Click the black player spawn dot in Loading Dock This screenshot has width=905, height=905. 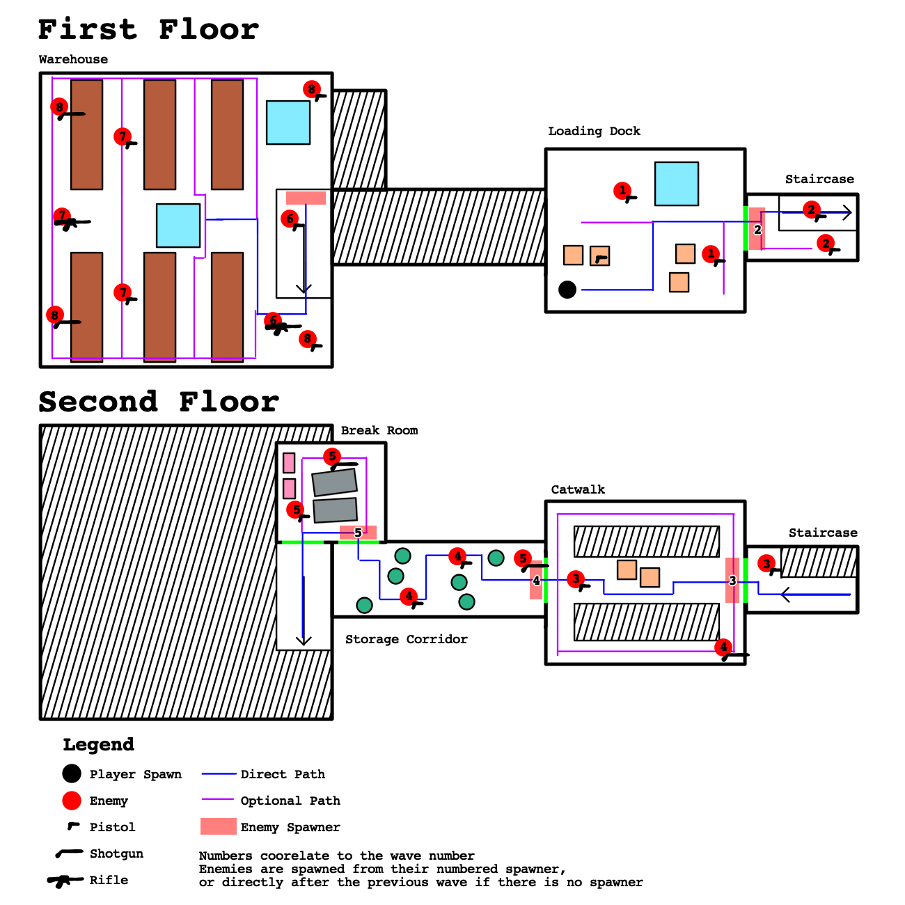coord(567,289)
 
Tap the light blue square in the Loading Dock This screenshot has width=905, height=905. coord(676,184)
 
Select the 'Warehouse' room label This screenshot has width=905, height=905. coord(73,60)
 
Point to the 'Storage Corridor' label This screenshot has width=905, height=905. coord(406,639)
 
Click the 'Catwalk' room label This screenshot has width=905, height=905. coord(578,489)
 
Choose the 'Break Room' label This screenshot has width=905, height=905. coord(379,430)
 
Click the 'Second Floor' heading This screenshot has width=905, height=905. coord(159,402)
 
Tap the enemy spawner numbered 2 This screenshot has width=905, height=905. coord(757,229)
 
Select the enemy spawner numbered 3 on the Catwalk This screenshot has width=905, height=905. coord(732,581)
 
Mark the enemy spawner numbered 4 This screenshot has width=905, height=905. coord(536,581)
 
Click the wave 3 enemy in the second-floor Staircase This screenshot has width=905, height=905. coord(766,564)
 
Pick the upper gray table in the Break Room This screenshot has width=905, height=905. coord(334,481)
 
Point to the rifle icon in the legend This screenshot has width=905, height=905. coord(65,881)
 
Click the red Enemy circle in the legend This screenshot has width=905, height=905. coord(72,801)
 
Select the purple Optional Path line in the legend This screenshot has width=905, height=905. coord(218,800)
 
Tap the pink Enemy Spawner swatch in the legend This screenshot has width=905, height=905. coord(218,826)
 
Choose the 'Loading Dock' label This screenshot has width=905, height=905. coord(594,131)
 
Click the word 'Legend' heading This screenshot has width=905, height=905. coord(98,744)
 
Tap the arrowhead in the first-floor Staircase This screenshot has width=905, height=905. coord(847,213)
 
